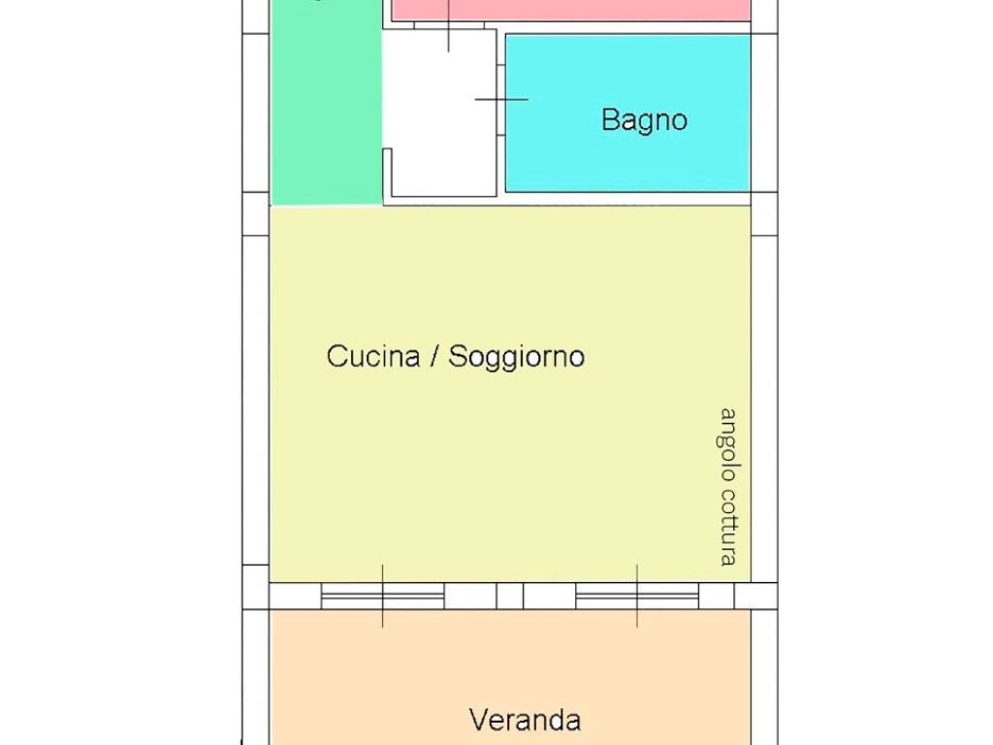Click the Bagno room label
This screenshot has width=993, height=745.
644,120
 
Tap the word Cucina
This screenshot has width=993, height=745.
373,356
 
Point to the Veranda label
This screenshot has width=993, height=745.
525,720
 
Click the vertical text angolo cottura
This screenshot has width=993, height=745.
728,486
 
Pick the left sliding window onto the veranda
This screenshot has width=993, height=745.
382,596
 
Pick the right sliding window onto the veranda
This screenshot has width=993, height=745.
637,596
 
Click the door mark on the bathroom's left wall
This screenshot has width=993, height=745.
500,99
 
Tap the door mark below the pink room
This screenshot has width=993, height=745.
448,29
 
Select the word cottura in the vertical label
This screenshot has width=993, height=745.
728,528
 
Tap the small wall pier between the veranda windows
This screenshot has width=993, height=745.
510,596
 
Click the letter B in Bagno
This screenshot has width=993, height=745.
610,120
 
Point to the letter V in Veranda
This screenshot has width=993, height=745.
478,720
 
